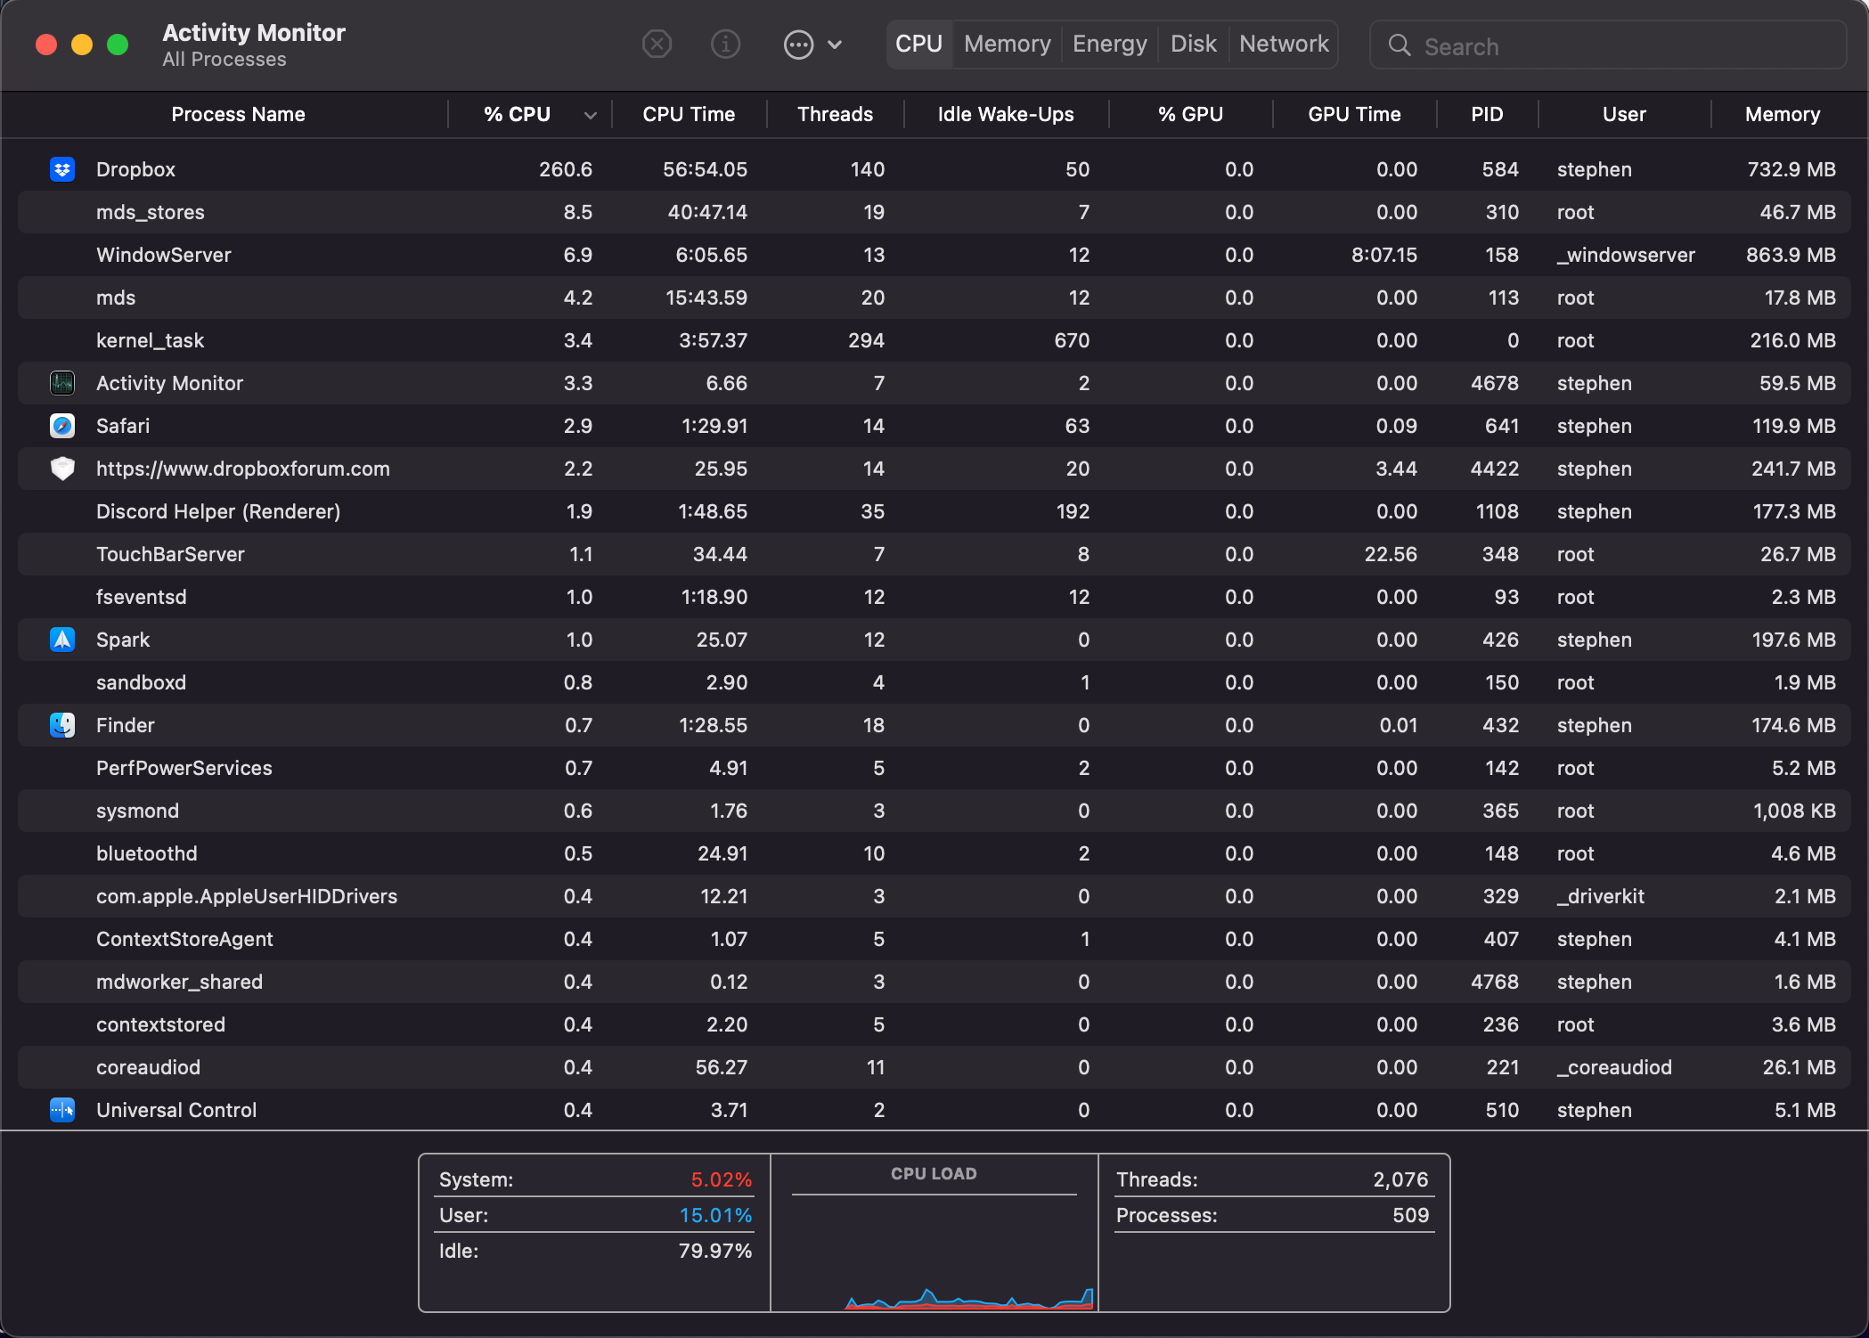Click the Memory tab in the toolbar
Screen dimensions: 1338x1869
coord(1007,44)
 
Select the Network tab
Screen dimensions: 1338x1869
coord(1283,44)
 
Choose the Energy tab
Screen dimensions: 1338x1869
coord(1109,44)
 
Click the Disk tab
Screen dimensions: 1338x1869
coord(1193,44)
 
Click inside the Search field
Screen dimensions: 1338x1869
coord(1621,46)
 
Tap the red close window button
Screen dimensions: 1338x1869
coord(46,45)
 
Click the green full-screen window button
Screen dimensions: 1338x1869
coord(118,45)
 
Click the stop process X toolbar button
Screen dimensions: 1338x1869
coord(657,44)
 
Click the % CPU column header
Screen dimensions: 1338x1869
coord(517,114)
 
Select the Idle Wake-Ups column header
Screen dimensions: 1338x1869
coord(1005,114)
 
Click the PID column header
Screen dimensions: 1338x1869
coord(1486,114)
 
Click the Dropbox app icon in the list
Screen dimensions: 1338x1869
coord(62,169)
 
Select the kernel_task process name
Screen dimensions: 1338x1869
coord(150,340)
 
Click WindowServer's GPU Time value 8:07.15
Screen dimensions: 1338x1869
coord(1383,255)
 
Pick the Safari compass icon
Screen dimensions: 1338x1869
coord(62,426)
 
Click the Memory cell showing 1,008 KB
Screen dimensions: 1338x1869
coord(1793,811)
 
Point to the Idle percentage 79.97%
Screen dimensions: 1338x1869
coord(714,1251)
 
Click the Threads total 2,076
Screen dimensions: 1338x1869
coord(1400,1179)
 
